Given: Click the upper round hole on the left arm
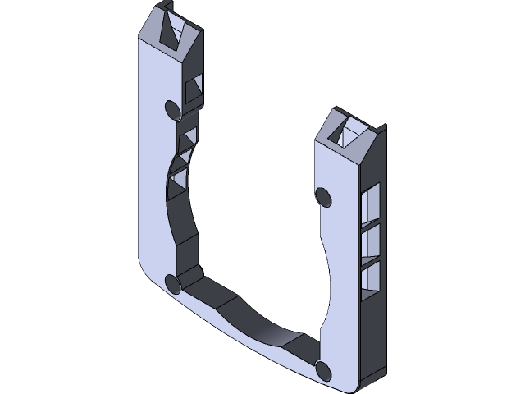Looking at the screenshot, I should click(x=173, y=109).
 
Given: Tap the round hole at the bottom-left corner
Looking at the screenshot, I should click(x=173, y=283).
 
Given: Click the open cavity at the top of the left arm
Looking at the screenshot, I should click(x=173, y=31).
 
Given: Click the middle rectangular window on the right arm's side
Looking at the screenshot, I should click(x=370, y=241).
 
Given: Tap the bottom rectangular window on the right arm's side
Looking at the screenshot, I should click(x=370, y=277).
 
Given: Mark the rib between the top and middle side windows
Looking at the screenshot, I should click(x=370, y=221).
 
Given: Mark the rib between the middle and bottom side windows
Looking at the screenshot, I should click(x=370, y=260).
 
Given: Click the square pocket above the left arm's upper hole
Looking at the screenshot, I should click(x=194, y=89).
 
